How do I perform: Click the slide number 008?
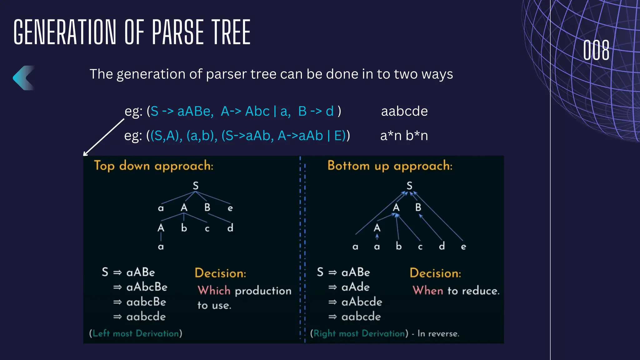coord(596,50)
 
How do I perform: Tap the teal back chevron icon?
coord(23,78)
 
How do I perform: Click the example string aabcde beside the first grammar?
coord(404,111)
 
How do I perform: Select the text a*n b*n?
coord(404,136)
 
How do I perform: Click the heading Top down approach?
coord(153,166)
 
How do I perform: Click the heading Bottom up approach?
coord(390,166)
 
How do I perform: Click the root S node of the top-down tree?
coord(196,186)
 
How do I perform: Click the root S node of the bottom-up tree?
coord(409,186)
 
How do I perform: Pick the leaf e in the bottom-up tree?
coord(463,247)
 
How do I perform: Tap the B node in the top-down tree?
coord(207,207)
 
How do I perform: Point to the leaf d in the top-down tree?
coord(230,228)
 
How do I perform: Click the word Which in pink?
coord(214,291)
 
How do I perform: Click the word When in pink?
coord(428,291)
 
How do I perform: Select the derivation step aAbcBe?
coord(147,287)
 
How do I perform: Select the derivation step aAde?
coord(355,287)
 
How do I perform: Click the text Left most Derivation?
coord(136,333)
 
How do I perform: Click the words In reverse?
coord(438,334)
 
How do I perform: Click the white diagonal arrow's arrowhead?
coord(85,154)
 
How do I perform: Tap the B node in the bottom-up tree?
coord(418,207)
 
